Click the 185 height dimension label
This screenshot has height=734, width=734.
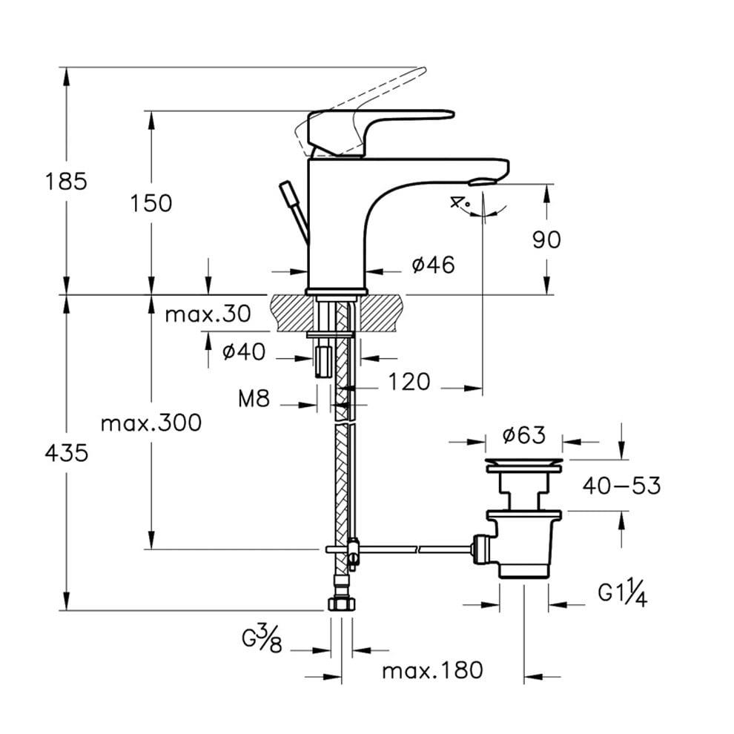(x=66, y=181)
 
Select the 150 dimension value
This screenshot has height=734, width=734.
(x=151, y=203)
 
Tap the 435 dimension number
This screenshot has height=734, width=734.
(x=67, y=453)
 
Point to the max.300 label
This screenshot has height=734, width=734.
(x=151, y=423)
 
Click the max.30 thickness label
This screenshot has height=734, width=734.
(x=208, y=314)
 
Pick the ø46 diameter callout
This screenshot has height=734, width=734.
(x=434, y=265)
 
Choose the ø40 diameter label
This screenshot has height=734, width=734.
(x=244, y=351)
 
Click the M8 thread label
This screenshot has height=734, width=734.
(x=254, y=399)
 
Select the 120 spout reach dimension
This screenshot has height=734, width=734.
(x=409, y=382)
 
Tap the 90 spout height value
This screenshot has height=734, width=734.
(x=546, y=239)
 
